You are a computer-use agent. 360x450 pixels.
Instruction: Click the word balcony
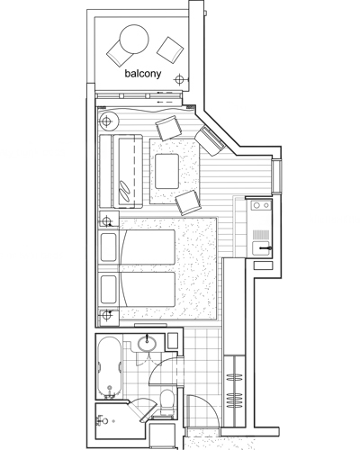coord(143,74)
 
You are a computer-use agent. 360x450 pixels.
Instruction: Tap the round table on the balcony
coord(134,40)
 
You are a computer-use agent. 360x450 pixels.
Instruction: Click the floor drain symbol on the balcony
coord(179,79)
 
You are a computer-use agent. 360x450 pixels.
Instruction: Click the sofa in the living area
coord(121,171)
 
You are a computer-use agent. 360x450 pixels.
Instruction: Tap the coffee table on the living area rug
coord(167,171)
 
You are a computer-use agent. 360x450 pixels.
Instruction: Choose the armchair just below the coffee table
coord(188,202)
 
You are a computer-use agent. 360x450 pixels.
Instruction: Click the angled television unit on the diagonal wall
coord(210,140)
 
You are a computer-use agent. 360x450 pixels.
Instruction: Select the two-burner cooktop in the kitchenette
coord(261,205)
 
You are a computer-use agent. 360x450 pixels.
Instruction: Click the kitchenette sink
coord(261,248)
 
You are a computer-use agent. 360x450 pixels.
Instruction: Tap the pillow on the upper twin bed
coord(109,247)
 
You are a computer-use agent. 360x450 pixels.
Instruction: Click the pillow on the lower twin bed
coord(109,290)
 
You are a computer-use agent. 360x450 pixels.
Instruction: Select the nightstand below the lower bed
coord(109,317)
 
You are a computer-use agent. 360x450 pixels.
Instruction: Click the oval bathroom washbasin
coord(147,343)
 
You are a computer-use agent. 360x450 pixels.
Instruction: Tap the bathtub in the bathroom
coord(110,367)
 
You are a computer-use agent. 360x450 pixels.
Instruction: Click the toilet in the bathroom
coord(166,402)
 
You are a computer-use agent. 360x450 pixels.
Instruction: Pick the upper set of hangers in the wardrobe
coord(234,377)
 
